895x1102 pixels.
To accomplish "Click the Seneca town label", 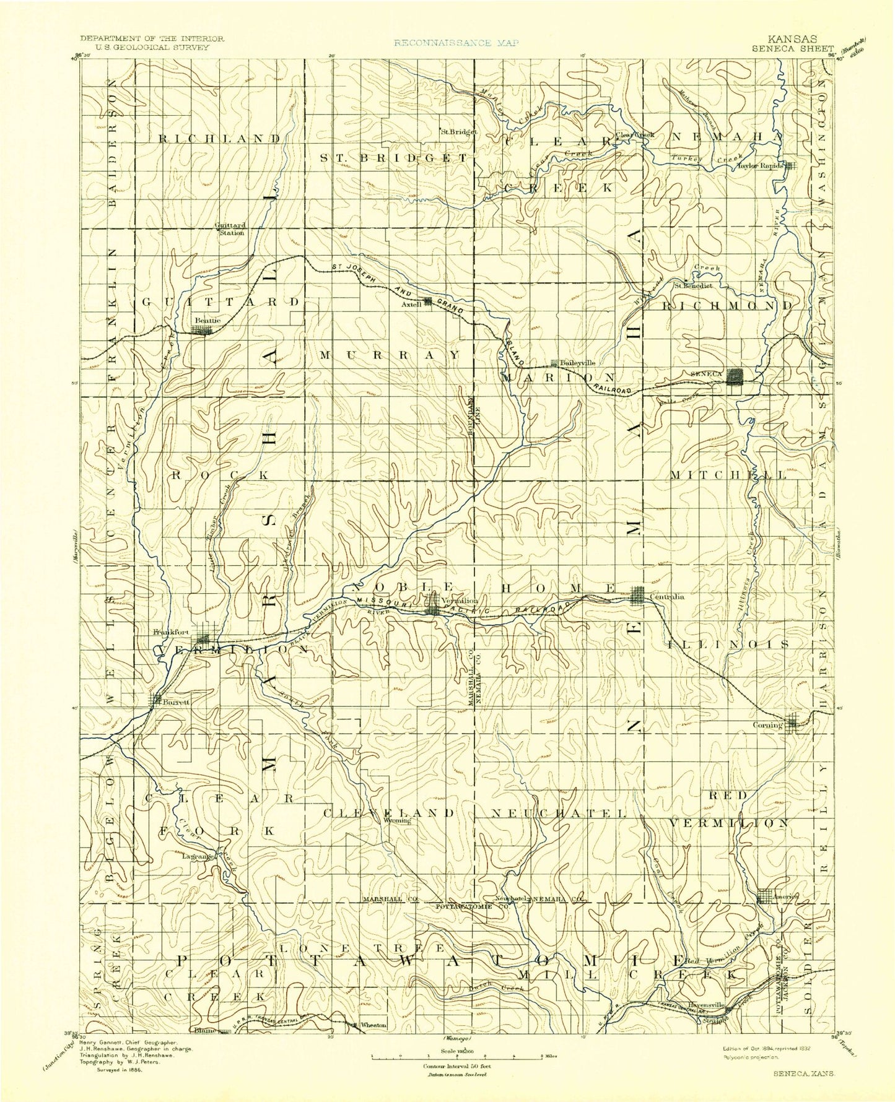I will coord(706,373).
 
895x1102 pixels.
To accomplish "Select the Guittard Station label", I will coord(230,228).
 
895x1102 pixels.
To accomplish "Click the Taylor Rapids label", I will coord(760,165).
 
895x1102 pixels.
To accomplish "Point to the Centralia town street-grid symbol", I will coord(637,594).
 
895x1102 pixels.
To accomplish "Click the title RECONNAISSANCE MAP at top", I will coord(456,43).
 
